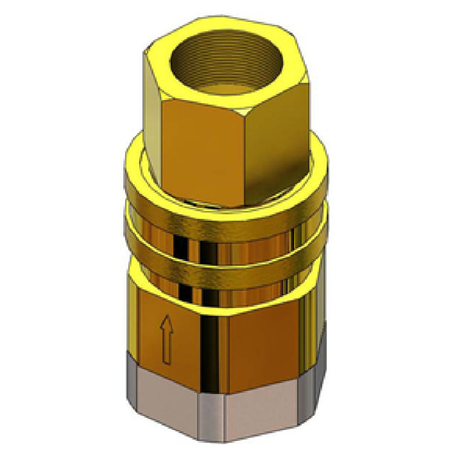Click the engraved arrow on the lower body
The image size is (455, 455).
[x=167, y=339]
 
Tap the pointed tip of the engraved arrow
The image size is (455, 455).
[x=167, y=317]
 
